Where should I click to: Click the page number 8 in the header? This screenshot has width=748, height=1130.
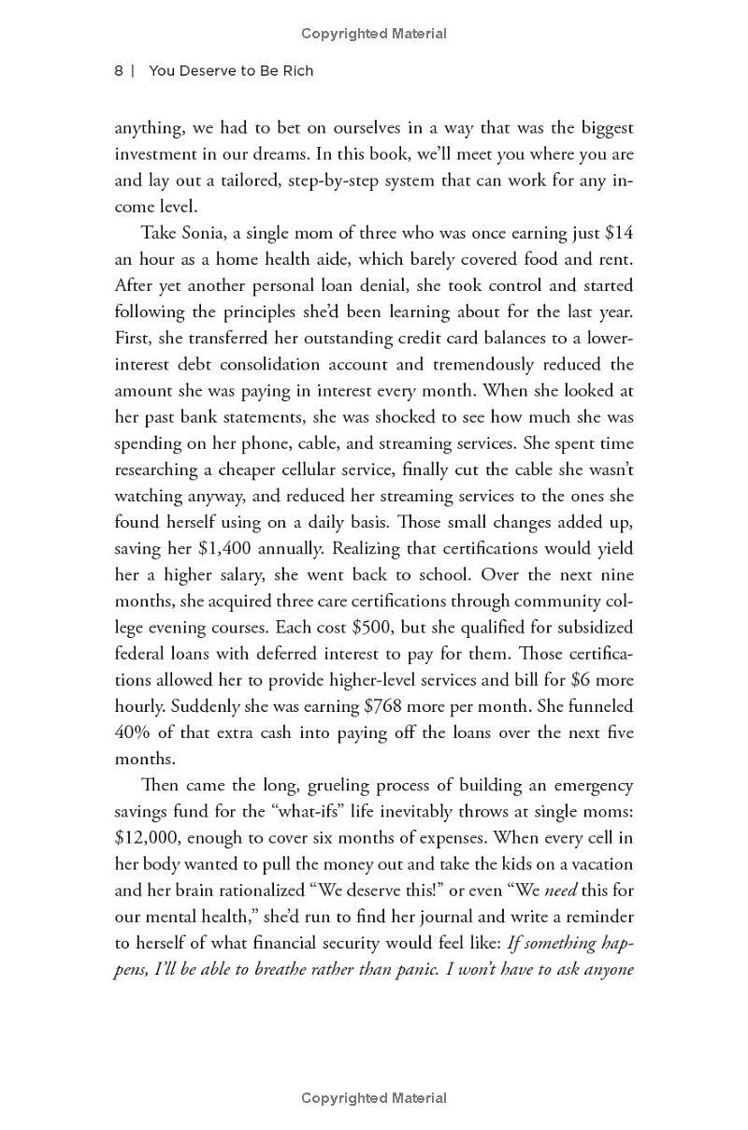[x=119, y=71]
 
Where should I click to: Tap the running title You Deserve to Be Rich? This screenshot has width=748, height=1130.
[x=231, y=71]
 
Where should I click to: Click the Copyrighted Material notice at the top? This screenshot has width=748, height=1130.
[x=374, y=34]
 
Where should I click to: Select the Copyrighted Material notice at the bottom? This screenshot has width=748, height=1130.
[x=374, y=1098]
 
